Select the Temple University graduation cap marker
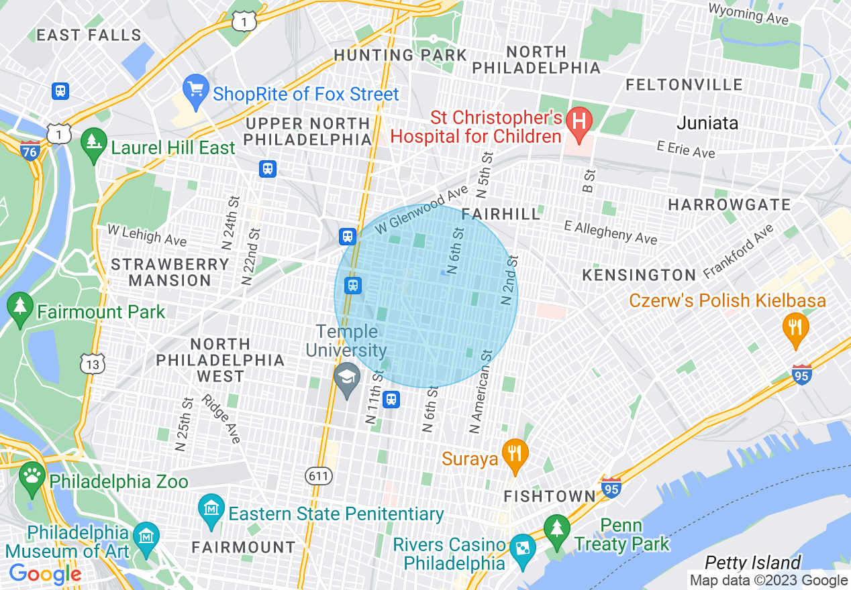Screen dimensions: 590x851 click(x=348, y=379)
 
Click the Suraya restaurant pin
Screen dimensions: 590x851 click(x=514, y=454)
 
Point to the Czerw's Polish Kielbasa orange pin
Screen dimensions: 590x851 click(x=795, y=328)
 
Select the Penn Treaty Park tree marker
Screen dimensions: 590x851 click(x=556, y=529)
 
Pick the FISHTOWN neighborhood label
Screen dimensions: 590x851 click(x=549, y=497)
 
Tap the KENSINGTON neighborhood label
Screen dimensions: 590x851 click(x=639, y=275)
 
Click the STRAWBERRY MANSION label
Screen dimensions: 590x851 click(x=170, y=272)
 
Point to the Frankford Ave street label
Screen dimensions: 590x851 click(x=738, y=252)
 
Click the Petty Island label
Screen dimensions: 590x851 click(x=752, y=562)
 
